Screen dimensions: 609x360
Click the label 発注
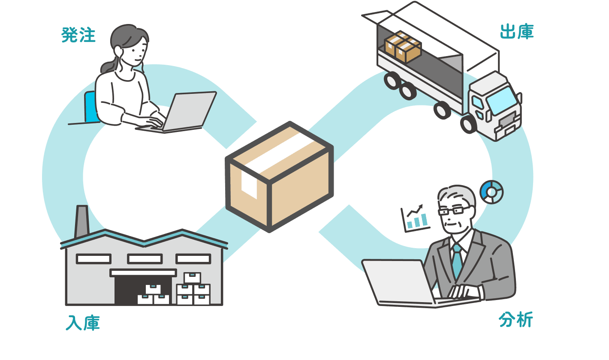[78, 35]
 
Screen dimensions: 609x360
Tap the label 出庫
[517, 32]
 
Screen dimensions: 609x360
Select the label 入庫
[83, 323]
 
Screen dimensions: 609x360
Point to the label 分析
[516, 320]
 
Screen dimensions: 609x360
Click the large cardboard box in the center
[279, 177]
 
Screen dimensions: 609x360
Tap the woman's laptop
[177, 112]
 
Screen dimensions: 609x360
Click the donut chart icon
[491, 192]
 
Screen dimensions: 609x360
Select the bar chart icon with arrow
[415, 218]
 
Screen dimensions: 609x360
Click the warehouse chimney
[81, 222]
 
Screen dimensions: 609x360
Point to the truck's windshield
[502, 101]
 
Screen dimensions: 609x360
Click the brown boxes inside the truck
[403, 47]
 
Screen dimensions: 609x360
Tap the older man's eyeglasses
[453, 210]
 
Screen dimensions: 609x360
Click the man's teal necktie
[457, 261]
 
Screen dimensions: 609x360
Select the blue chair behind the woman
[90, 107]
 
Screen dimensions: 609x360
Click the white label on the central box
[249, 185]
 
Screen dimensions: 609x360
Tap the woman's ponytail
[109, 66]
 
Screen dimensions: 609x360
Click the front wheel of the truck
[468, 124]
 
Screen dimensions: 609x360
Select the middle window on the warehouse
[145, 259]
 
